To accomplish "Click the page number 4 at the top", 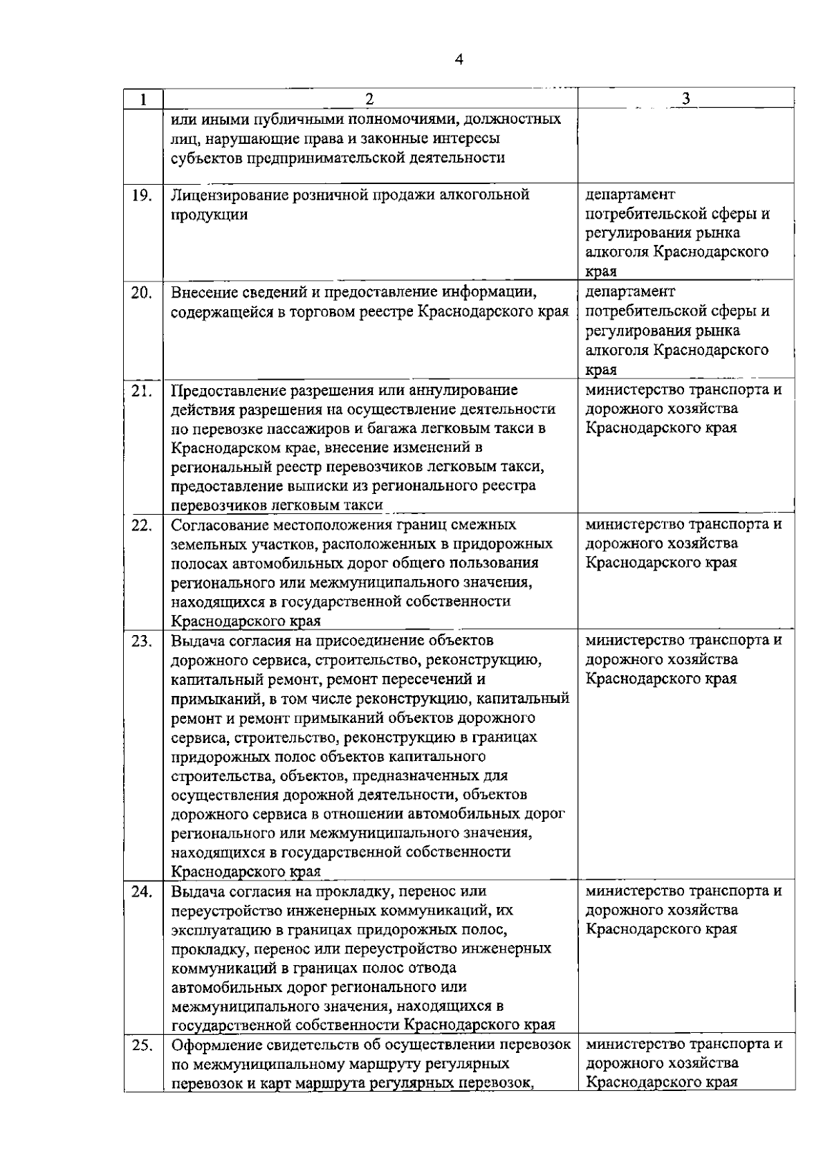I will coord(459,59).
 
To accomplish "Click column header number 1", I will coord(142,99).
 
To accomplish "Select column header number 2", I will coord(369,99).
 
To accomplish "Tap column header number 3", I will coord(685,99).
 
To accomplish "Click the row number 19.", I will coord(142,196).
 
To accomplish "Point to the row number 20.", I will coord(142,293).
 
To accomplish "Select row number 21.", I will coord(142,391).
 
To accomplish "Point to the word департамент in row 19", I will coord(630,195).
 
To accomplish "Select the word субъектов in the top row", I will coord(205,158).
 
